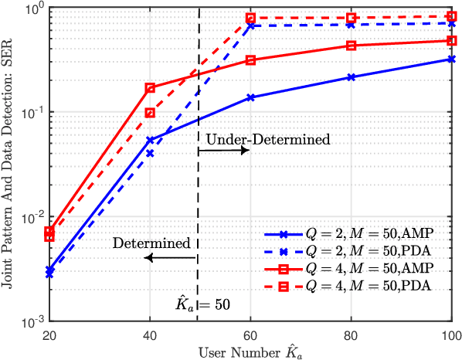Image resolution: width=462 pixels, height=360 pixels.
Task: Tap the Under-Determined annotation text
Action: pos(267,140)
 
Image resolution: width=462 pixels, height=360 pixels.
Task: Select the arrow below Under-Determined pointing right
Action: pos(224,151)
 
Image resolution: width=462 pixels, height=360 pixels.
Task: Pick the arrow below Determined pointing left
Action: pos(172,258)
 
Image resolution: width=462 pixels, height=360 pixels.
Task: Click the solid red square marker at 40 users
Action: pos(150,88)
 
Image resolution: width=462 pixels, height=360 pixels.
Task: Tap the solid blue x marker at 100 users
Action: pos(451,59)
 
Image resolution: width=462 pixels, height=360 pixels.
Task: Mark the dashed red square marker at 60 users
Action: pos(250,18)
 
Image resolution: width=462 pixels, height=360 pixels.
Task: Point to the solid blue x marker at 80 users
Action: pos(352,77)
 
